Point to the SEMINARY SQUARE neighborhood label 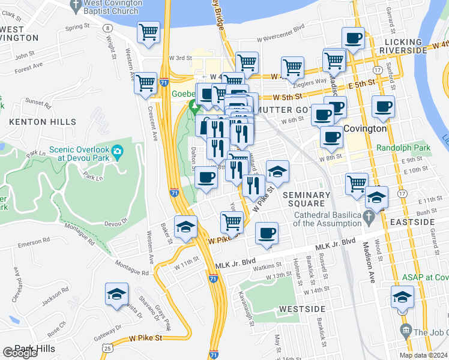point(306,199)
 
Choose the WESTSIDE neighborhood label point(302,309)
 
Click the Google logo point(20,353)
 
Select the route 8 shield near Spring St point(106,28)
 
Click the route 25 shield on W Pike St point(106,347)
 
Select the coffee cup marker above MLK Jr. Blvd point(267,233)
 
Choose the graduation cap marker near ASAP point(402,297)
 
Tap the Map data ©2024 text point(423,355)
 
